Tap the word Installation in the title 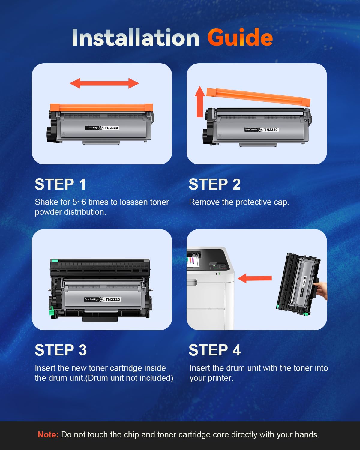click(136, 37)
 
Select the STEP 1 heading click(60, 184)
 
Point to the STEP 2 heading click(214, 184)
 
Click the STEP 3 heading click(61, 350)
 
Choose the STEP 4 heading click(214, 350)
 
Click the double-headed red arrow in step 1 click(104, 83)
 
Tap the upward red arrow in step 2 click(200, 101)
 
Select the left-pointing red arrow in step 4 click(255, 278)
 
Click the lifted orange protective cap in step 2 click(258, 97)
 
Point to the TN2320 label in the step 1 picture click(112, 128)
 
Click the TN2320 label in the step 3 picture click(112, 299)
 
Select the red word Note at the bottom click(48, 434)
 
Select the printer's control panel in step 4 click(219, 267)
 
